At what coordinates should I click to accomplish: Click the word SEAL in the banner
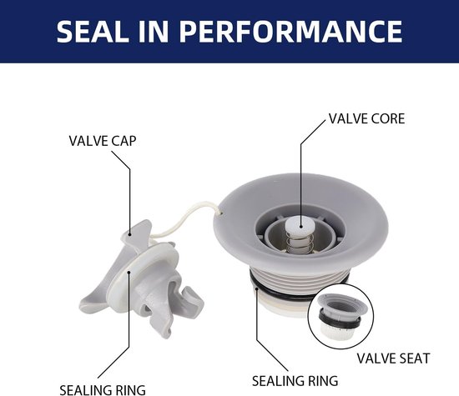92,32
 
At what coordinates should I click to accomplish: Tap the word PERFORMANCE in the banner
291,32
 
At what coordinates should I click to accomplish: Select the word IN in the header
154,32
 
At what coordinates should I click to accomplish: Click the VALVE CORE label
367,118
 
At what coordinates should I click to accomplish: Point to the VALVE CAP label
103,141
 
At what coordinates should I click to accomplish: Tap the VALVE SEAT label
393,358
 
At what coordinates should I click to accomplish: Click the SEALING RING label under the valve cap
103,390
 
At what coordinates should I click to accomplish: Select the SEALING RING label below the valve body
295,381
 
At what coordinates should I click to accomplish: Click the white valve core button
300,225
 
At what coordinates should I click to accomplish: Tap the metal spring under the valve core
300,242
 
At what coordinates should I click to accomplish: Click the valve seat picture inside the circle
340,315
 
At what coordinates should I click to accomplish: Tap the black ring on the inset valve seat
340,322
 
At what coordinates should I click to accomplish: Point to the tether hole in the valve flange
221,213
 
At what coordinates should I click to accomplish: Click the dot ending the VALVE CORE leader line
300,226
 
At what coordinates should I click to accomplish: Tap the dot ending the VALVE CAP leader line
129,233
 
